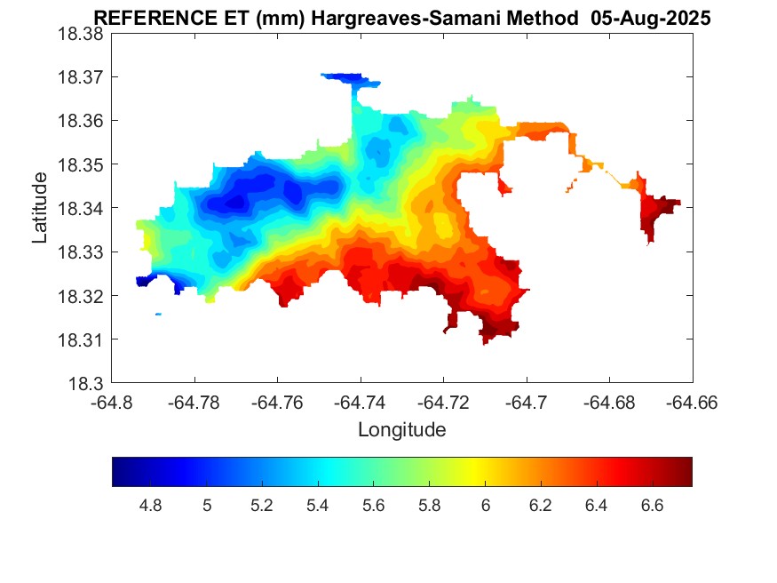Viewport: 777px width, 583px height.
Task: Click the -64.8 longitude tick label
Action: [x=113, y=402]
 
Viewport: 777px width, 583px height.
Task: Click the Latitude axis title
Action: [x=40, y=209]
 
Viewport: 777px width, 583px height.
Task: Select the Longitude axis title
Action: [x=401, y=430]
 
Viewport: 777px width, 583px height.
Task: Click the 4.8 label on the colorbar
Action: [x=151, y=506]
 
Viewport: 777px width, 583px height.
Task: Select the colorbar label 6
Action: [x=485, y=506]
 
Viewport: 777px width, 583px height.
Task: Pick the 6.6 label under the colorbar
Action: [x=652, y=506]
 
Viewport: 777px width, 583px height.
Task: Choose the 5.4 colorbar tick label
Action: [x=318, y=506]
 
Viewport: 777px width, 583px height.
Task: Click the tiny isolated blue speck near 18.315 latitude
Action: [x=158, y=314]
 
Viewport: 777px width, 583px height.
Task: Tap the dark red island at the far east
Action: [x=658, y=214]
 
